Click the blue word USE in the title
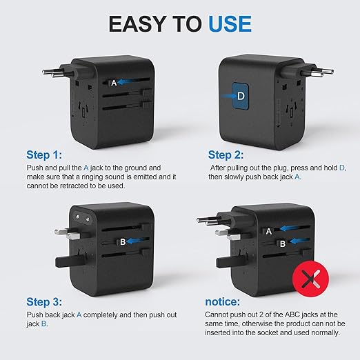click(x=230, y=24)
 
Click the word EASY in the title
click(x=137, y=24)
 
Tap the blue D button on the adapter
click(x=241, y=96)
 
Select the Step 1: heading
click(x=44, y=154)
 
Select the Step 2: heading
click(x=226, y=154)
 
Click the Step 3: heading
click(x=44, y=302)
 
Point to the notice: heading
click(x=223, y=302)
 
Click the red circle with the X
click(x=310, y=279)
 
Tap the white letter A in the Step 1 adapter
click(x=114, y=83)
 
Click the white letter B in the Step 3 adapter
click(x=123, y=242)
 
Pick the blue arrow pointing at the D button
click(x=229, y=96)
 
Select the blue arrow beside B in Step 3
click(x=136, y=241)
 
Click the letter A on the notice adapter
click(x=268, y=232)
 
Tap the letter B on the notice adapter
click(x=283, y=243)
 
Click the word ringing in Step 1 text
click(x=92, y=177)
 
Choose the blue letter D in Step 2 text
click(x=342, y=168)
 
